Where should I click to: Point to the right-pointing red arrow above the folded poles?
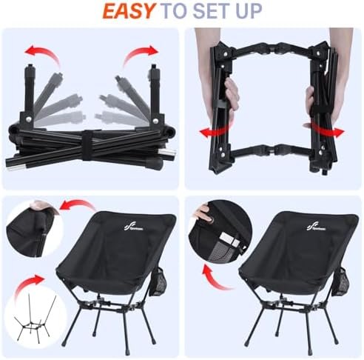(x=140, y=53)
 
